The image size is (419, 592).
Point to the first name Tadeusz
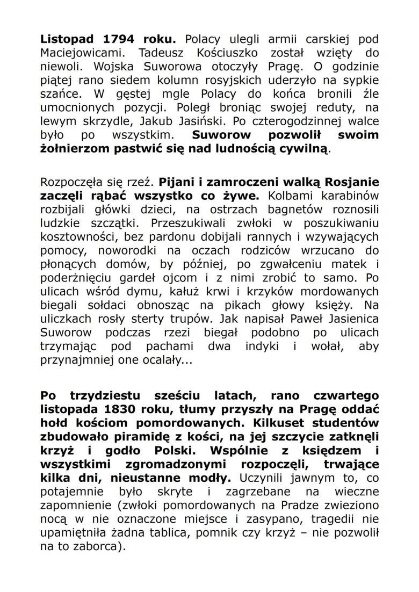point(160,53)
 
